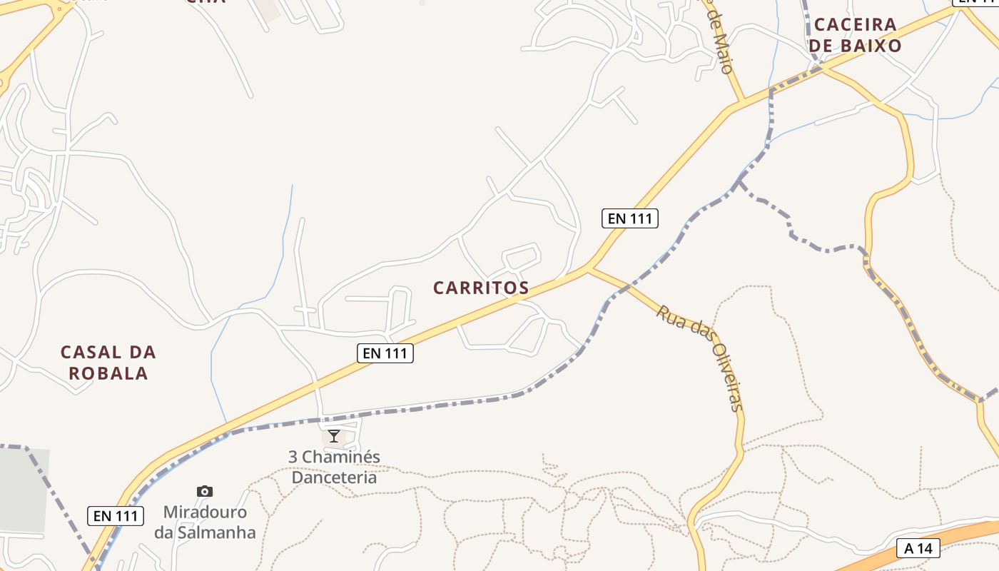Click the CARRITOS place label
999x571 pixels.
coord(481,288)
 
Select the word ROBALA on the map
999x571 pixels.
coord(108,373)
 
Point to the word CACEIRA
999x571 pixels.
coord(855,24)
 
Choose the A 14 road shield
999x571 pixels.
coord(918,548)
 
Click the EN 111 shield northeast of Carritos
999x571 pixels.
coord(630,218)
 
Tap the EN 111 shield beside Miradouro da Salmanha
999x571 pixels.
coord(116,515)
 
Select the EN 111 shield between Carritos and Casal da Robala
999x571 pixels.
coord(385,353)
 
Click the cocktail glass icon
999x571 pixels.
coord(334,435)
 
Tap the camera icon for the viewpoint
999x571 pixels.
coord(205,491)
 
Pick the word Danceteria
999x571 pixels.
coord(334,477)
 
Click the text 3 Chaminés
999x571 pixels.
coord(334,457)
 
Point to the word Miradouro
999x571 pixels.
coord(205,512)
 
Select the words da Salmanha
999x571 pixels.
coord(205,532)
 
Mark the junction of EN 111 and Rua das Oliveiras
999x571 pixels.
coord(588,268)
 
